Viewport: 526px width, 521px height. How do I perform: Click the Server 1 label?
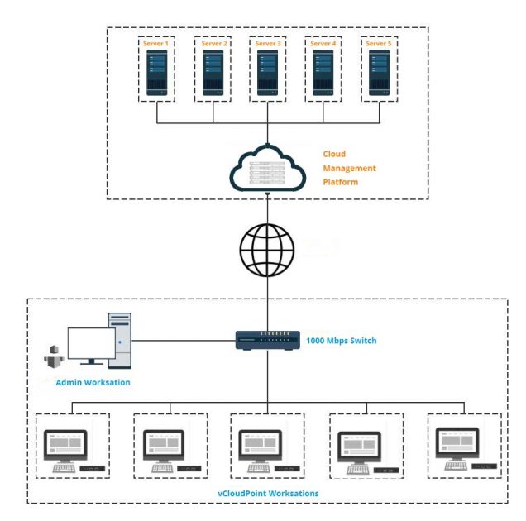tap(157, 44)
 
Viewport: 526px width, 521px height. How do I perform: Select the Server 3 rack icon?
tap(267, 73)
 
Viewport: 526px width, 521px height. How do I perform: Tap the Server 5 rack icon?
tap(379, 73)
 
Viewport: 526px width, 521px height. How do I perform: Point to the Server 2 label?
tap(213, 44)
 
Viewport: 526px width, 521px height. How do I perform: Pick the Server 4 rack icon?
tap(323, 73)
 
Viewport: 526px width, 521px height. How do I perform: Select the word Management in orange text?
tap(349, 168)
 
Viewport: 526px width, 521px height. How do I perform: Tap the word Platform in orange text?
tap(341, 182)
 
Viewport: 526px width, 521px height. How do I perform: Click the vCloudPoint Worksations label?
tap(266, 493)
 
